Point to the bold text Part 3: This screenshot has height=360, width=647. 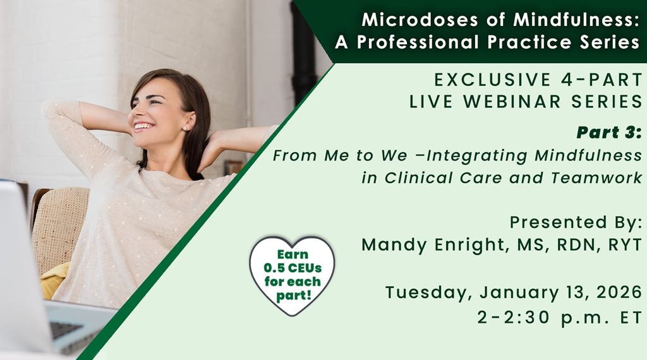point(609,133)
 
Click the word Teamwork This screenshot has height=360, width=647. point(596,177)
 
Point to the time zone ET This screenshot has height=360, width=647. point(631,318)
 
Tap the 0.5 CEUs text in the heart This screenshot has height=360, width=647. point(293,268)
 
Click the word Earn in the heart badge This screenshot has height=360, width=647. point(293,255)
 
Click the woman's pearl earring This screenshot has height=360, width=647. point(184,128)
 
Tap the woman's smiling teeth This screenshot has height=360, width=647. point(142,125)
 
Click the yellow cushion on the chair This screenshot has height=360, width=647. point(54,280)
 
